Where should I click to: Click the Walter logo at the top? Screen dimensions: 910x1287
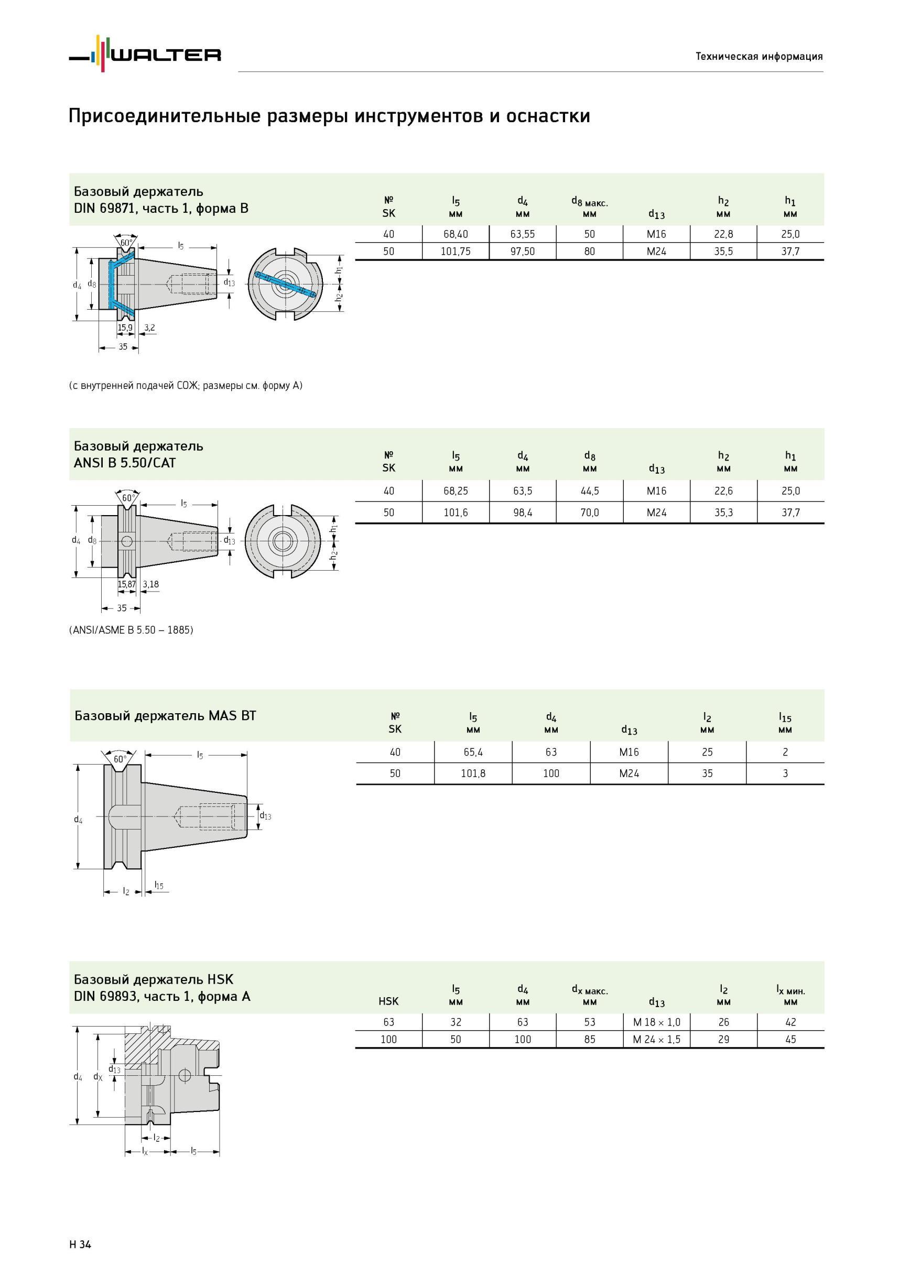pos(145,54)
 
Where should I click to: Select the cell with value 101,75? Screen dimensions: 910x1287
pos(456,252)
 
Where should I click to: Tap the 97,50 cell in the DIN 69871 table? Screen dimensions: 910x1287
pos(523,252)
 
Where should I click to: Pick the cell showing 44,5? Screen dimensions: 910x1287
pos(590,491)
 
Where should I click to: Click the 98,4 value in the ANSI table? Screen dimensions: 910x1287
pos(523,512)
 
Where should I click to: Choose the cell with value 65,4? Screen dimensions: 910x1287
pos(473,752)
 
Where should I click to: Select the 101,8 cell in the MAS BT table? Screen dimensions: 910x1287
pos(473,773)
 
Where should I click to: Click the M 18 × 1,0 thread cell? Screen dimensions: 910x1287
pos(657,1022)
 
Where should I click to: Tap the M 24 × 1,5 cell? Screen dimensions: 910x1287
pos(657,1040)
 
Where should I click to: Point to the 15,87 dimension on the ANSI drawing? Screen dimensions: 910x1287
pos(127,584)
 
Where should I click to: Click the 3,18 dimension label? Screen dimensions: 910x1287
pos(151,584)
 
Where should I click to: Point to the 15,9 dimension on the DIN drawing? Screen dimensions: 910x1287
pos(125,328)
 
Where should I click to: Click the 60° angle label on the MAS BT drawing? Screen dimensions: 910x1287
pos(120,759)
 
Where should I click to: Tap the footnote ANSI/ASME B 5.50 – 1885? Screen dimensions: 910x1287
pos(131,630)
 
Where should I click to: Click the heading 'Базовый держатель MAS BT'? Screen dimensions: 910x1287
pos(166,716)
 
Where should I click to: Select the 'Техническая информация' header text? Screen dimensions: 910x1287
pos(759,56)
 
